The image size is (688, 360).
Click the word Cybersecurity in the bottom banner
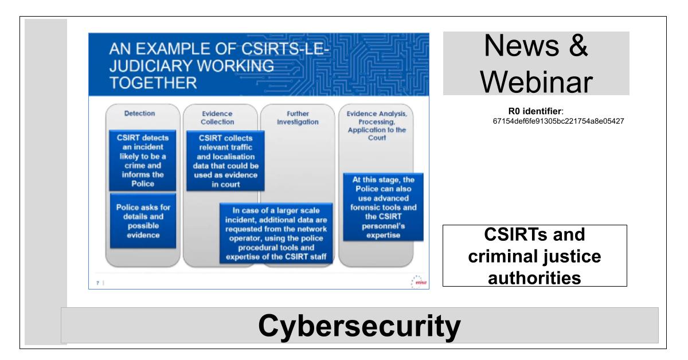point(359,326)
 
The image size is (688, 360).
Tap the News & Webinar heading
point(536,64)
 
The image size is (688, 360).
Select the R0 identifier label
point(535,111)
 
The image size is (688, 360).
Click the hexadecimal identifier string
point(558,121)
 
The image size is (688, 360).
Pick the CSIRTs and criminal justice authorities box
point(535,256)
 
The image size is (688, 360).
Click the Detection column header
point(139,114)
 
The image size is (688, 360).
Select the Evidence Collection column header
point(217,118)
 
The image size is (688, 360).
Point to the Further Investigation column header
point(298,118)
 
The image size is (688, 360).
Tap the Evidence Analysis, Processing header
point(377,126)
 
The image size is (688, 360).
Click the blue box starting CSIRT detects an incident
point(143,161)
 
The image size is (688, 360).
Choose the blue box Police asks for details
point(143,221)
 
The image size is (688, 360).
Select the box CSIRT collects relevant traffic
point(225,161)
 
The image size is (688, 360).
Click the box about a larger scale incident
point(276,233)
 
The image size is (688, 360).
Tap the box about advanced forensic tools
point(383,207)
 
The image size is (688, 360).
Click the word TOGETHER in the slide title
point(153,83)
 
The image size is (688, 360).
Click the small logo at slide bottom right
point(419,281)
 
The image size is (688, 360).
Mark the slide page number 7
point(97,283)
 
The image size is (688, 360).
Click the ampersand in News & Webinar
point(578,45)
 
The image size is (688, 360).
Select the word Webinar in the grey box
point(536,82)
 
